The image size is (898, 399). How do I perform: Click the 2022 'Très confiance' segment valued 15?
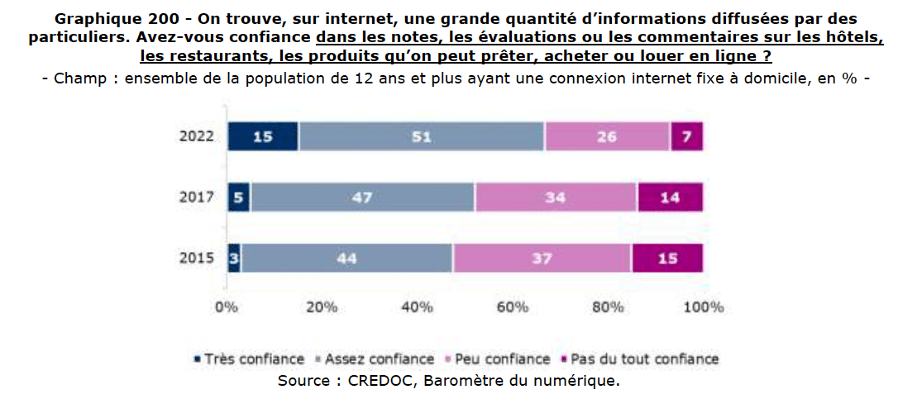(x=263, y=136)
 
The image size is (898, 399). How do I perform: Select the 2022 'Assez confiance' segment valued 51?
(x=422, y=136)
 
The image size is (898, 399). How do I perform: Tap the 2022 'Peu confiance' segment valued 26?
(x=607, y=136)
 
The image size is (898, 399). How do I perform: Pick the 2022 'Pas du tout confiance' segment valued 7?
(x=686, y=136)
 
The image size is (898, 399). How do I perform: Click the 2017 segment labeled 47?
(x=362, y=197)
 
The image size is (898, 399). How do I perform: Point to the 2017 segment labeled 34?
(x=555, y=197)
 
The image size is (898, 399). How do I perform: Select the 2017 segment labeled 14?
(x=670, y=197)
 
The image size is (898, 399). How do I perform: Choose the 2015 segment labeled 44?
(x=346, y=258)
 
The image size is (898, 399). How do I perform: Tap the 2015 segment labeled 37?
(x=542, y=258)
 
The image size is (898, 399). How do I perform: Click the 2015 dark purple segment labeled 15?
(x=667, y=258)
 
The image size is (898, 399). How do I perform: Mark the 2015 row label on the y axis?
(x=197, y=258)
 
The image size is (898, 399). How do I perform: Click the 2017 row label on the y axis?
(x=197, y=197)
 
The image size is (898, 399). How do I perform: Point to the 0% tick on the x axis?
(x=227, y=308)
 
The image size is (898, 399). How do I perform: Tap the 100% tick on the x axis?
(x=703, y=308)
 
